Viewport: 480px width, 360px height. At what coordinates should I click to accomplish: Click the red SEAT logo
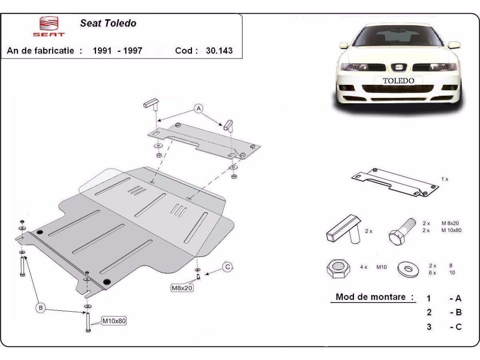click(x=48, y=26)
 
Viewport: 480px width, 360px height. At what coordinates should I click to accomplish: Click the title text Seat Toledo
click(x=108, y=23)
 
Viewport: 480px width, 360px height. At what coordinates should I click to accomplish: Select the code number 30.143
click(x=219, y=51)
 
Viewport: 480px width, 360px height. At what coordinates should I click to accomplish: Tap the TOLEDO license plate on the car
click(x=398, y=80)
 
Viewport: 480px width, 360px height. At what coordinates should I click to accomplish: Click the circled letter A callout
click(x=198, y=108)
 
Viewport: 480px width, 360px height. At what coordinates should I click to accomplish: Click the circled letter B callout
click(x=40, y=308)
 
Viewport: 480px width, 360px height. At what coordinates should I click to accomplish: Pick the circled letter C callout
click(x=228, y=267)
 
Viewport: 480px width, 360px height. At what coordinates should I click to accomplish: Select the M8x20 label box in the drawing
click(x=182, y=287)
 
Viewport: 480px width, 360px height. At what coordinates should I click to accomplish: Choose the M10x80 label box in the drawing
click(x=114, y=320)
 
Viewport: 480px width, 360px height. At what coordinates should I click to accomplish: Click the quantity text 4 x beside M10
click(x=364, y=267)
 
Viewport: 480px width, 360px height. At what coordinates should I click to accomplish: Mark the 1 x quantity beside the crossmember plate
click(x=444, y=179)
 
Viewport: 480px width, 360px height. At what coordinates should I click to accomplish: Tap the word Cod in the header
click(x=186, y=51)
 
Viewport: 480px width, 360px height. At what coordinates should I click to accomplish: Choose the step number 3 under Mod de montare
click(x=429, y=327)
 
